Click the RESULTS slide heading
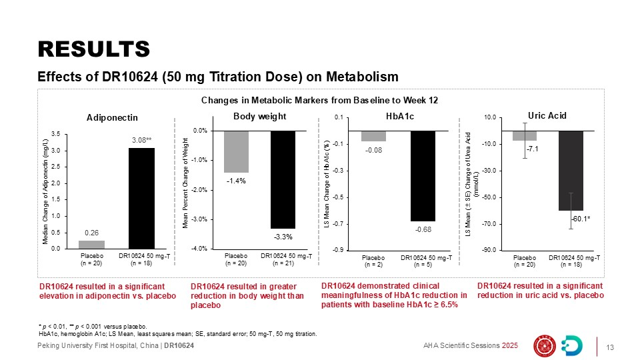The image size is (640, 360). (x=93, y=49)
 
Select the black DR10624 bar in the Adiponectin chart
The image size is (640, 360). (x=141, y=198)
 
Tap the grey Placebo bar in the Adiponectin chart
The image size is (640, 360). (x=92, y=244)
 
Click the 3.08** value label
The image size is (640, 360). (x=141, y=140)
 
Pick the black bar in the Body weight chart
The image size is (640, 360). (x=283, y=180)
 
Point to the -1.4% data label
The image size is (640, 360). (x=235, y=181)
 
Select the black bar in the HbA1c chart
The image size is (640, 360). (x=423, y=176)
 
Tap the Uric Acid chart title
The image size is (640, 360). (x=547, y=115)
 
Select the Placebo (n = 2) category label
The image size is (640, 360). (x=373, y=261)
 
